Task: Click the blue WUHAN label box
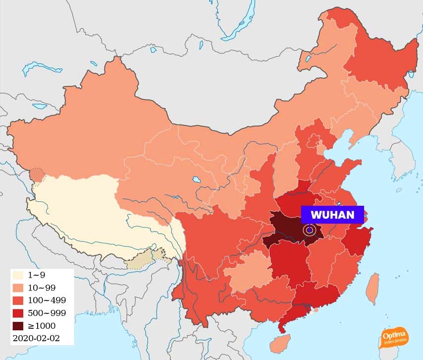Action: click(x=332, y=215)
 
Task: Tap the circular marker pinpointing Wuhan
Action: click(x=310, y=230)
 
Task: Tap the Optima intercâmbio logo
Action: click(x=395, y=339)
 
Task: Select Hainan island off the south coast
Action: click(x=281, y=342)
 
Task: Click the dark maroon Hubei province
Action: click(x=287, y=229)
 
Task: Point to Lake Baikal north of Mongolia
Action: click(x=238, y=25)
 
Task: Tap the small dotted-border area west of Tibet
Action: click(x=37, y=175)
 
